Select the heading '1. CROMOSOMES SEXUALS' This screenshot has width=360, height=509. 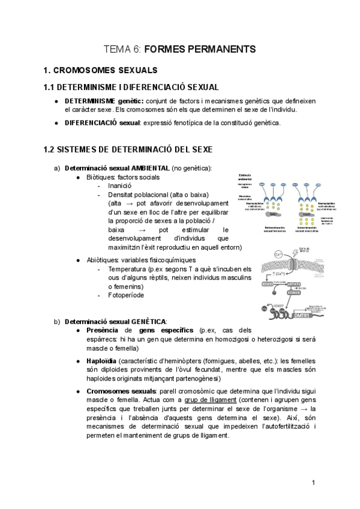(x=101, y=70)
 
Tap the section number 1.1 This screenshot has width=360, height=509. (x=51, y=88)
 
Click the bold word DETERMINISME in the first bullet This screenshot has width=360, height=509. (x=90, y=101)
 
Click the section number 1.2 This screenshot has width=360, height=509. (x=51, y=149)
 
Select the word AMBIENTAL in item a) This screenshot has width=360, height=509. (x=148, y=168)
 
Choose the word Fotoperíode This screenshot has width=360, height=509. (x=126, y=295)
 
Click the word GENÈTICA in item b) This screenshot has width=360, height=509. (x=149, y=321)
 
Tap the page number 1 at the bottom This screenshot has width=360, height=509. (x=313, y=483)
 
